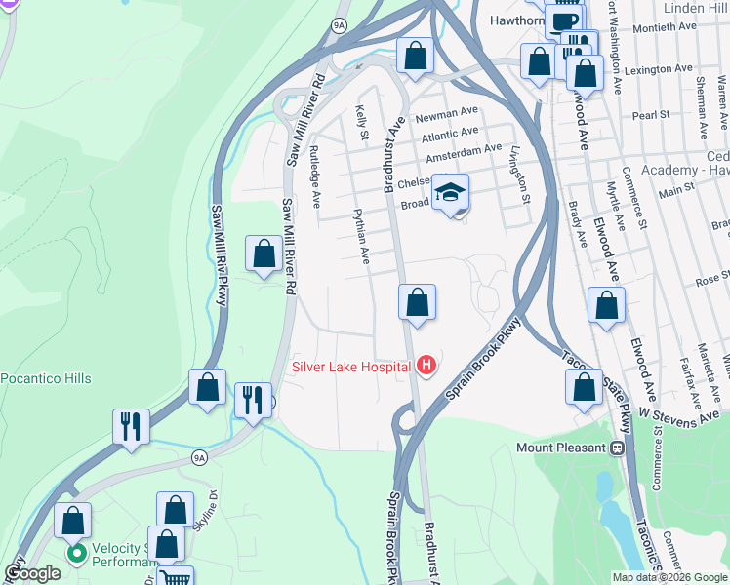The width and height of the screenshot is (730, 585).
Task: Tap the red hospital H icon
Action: coord(426,367)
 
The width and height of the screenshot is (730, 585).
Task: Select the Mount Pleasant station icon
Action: coord(617,448)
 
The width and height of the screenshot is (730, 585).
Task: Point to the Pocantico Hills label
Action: coord(46,378)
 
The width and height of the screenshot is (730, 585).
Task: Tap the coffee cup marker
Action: coord(564,20)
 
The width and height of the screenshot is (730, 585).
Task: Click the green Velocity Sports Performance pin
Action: coord(76,554)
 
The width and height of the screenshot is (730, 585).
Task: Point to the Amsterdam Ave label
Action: coord(464,151)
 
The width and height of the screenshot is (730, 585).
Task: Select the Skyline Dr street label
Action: coord(207,523)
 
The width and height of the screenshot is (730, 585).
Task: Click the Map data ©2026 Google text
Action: coord(669,577)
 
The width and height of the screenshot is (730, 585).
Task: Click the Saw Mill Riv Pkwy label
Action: coord(220,253)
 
